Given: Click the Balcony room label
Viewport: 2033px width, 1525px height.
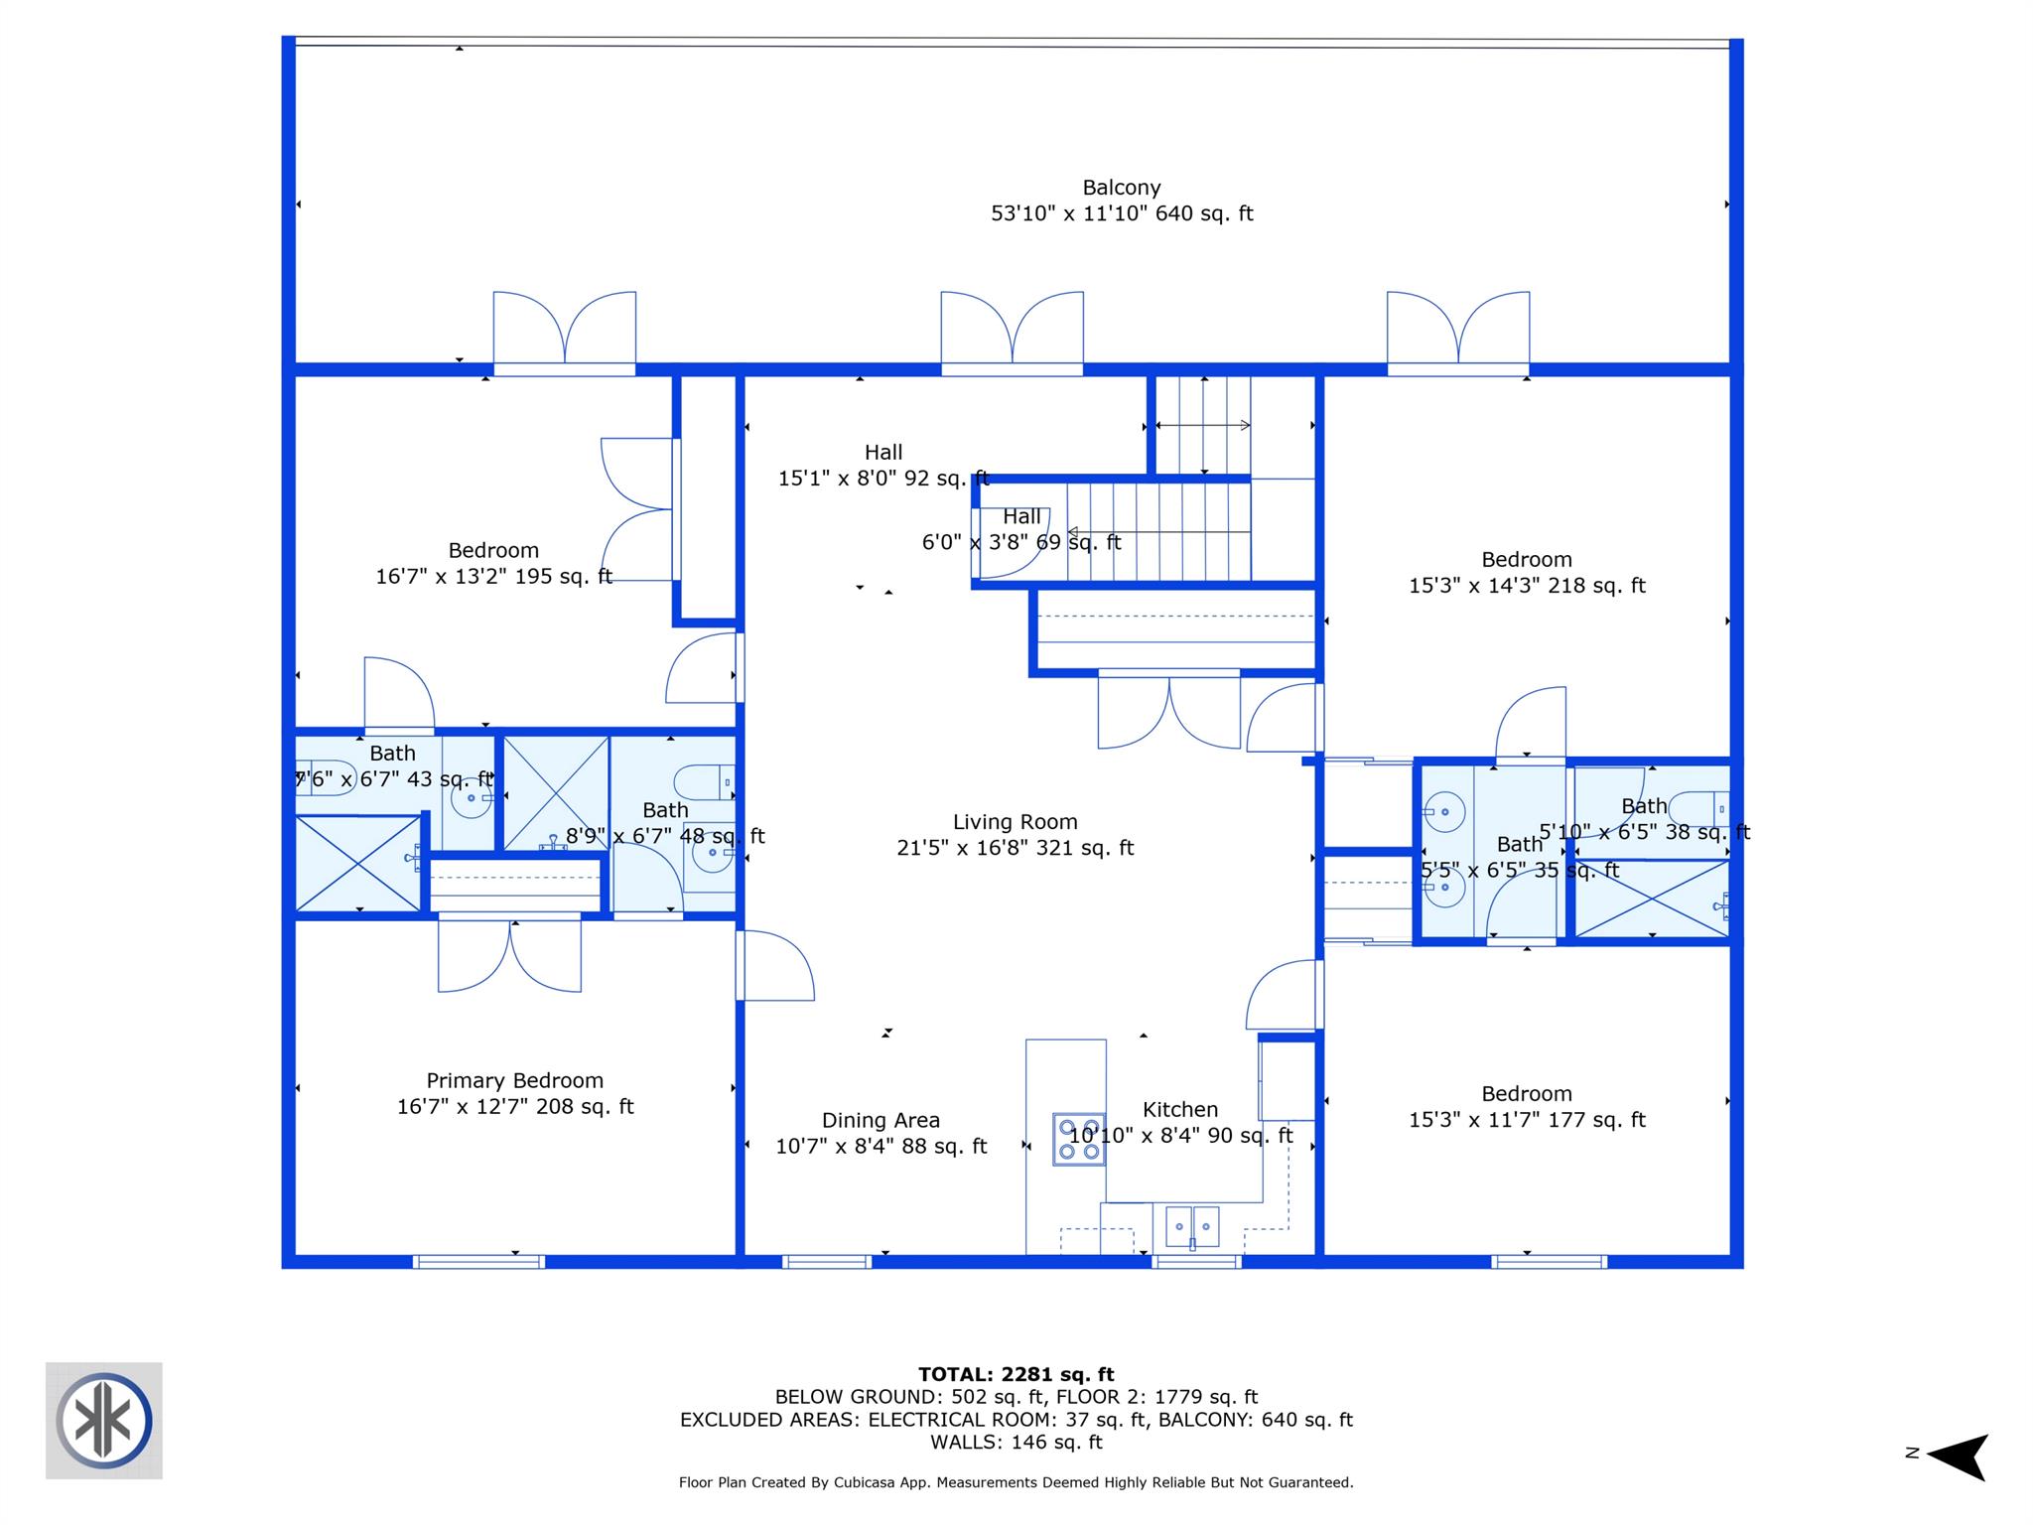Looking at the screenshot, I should [1122, 188].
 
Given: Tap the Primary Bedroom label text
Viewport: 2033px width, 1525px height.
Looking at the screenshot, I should [514, 1080].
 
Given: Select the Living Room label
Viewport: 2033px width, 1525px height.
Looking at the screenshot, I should [1015, 822].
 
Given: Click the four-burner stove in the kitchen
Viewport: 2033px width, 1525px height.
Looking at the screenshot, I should [1079, 1139].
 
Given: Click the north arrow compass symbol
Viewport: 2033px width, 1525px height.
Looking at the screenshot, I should [1957, 1455].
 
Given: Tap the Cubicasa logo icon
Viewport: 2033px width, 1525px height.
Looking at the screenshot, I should [104, 1421].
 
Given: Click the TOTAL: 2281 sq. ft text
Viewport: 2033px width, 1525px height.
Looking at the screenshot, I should [1016, 1374].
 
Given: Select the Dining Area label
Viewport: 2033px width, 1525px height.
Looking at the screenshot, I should [881, 1120].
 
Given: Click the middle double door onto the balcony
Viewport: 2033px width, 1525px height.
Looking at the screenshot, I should [1012, 334].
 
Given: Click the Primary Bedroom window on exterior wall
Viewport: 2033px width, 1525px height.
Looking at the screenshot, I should [479, 1262].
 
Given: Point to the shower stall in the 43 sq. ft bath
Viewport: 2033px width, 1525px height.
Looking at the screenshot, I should [358, 863].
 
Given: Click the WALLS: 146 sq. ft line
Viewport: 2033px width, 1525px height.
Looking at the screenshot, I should [1016, 1443].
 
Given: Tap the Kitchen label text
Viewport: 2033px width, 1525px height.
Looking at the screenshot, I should [1179, 1109].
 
